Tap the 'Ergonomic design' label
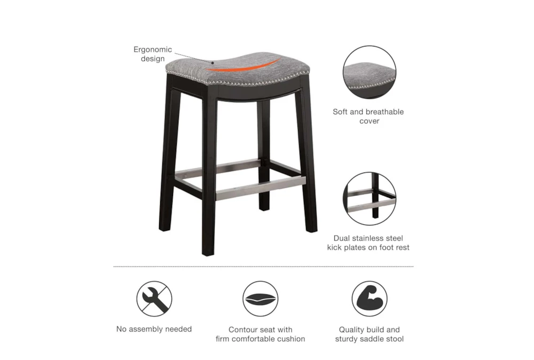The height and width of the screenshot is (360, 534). (x=153, y=54)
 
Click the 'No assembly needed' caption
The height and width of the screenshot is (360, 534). (x=154, y=329)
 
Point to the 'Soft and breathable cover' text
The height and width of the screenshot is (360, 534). (x=368, y=116)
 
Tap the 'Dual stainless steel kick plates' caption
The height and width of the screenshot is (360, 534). (x=368, y=242)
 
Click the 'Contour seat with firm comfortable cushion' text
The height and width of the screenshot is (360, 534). (x=261, y=334)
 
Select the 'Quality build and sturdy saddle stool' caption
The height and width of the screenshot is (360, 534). (x=369, y=334)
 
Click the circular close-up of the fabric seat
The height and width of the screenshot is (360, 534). (x=369, y=72)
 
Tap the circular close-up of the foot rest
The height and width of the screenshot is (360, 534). (x=369, y=198)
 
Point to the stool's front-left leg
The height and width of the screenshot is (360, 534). (x=209, y=176)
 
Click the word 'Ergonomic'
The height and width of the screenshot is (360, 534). (x=153, y=49)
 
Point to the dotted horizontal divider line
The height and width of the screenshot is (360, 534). (x=263, y=266)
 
